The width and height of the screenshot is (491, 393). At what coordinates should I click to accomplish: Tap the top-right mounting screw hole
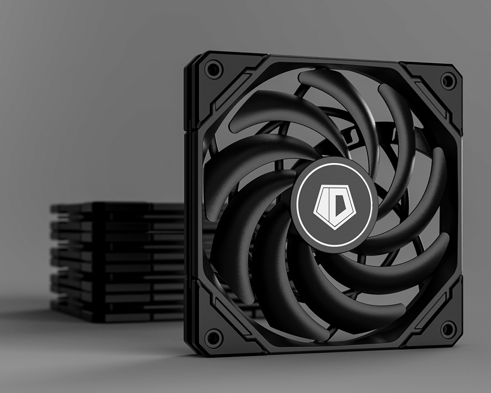point(448,80)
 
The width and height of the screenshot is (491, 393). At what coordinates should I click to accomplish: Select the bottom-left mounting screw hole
point(213,338)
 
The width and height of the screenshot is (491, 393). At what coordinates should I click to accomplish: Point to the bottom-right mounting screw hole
point(448,330)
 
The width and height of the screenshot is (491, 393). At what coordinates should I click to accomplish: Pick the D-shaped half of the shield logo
point(336,203)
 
